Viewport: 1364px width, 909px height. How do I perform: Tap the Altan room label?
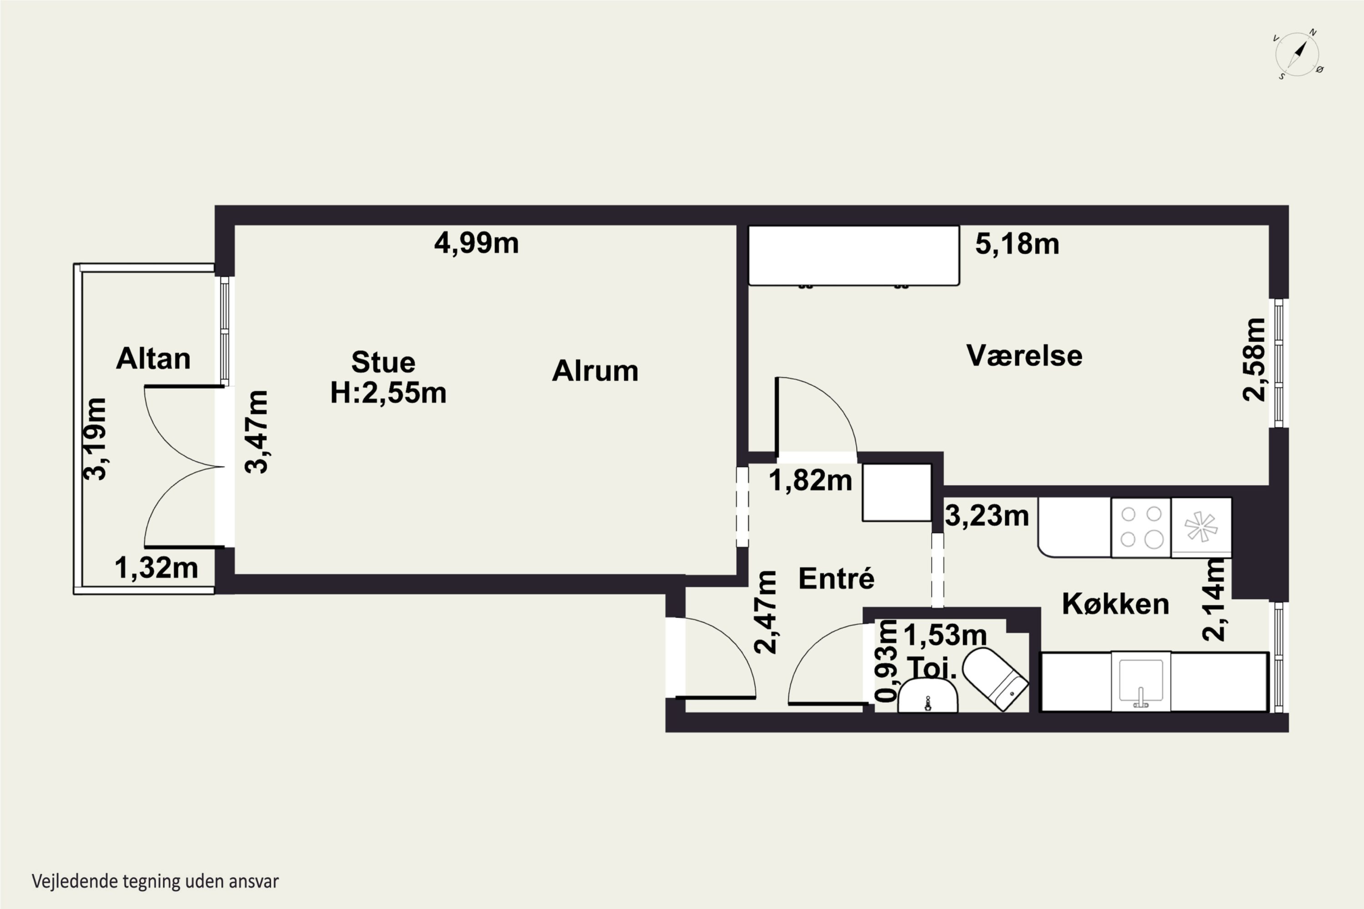153,359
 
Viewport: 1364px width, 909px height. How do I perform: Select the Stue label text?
383,362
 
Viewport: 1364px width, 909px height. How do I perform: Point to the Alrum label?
595,371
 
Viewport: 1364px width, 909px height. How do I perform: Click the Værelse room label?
1024,355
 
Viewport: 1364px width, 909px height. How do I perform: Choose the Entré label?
836,578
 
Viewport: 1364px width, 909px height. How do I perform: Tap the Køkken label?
1115,604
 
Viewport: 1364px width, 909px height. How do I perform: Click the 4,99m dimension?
476,243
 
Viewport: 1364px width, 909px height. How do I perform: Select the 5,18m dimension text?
1017,244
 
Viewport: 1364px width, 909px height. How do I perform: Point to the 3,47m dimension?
256,432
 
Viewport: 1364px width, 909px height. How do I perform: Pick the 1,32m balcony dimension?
156,568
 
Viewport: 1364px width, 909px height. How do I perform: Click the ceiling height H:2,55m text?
388,393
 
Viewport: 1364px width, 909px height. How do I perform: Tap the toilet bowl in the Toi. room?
995,678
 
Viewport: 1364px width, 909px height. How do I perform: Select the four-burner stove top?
1141,528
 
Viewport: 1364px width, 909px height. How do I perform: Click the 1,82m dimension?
811,480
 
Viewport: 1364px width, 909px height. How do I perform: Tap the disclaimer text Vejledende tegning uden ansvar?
155,881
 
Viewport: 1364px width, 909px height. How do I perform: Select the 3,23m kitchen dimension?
987,515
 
